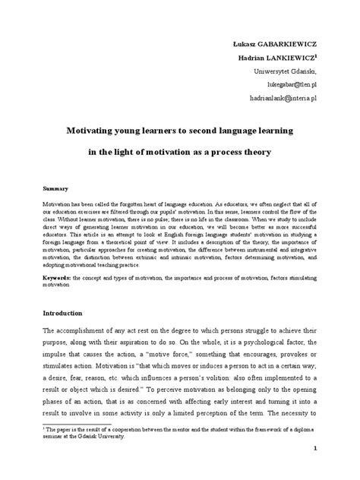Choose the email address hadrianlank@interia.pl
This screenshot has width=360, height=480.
(x=291, y=99)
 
